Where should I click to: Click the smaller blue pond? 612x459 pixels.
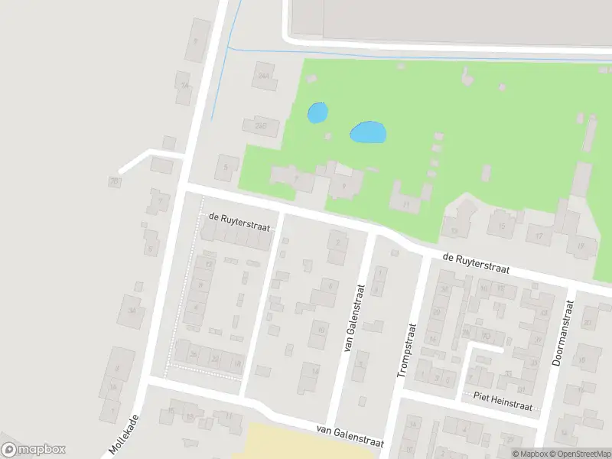tap(317, 113)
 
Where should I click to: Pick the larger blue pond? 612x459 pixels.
tap(368, 132)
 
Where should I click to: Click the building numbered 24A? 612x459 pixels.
tap(265, 75)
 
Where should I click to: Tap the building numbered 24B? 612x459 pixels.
tap(261, 125)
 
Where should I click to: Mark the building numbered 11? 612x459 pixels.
tap(405, 203)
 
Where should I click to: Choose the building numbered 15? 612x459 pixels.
tap(502, 225)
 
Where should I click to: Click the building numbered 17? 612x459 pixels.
tap(539, 235)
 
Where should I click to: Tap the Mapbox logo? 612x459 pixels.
tap(34, 450)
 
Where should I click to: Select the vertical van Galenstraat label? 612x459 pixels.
tap(354, 327)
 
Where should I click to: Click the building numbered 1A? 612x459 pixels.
tap(184, 86)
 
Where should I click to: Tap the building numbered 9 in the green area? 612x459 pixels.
tap(343, 185)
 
